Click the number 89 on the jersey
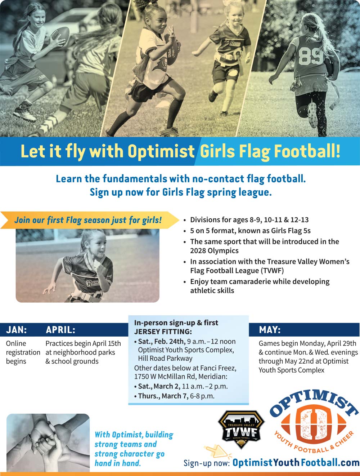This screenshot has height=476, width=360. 311,57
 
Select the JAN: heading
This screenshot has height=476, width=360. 17,330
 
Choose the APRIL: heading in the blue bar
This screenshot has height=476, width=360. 60,330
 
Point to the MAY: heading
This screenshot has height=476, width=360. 270,330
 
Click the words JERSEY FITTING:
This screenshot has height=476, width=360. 163,332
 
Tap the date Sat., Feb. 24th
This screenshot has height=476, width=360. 162,342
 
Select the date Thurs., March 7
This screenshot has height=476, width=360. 163,396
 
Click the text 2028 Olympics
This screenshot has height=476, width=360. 214,251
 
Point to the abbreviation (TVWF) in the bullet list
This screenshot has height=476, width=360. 272,271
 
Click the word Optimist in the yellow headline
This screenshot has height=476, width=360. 161,151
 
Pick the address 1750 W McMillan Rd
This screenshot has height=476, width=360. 165,377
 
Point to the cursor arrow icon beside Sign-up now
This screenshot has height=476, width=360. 217,451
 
